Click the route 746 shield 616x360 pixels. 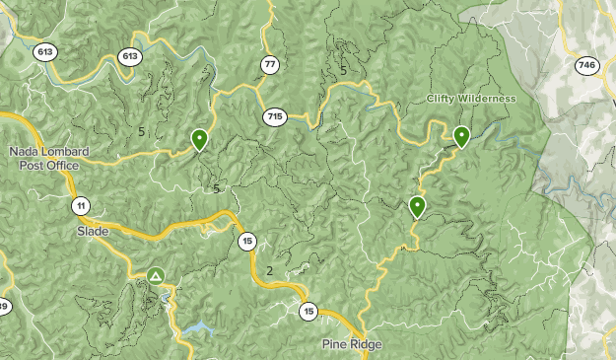click(x=586, y=65)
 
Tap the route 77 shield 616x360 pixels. click(x=270, y=65)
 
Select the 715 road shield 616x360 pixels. click(x=274, y=117)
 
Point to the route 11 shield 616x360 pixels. click(x=80, y=205)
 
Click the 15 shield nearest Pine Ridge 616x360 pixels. click(x=309, y=312)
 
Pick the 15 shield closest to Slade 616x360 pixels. click(x=246, y=241)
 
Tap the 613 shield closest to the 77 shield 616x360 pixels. click(x=129, y=56)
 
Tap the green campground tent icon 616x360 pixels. click(x=156, y=276)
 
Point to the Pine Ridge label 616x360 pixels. click(x=351, y=344)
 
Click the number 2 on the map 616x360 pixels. click(x=269, y=271)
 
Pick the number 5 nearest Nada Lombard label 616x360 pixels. click(x=142, y=131)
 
